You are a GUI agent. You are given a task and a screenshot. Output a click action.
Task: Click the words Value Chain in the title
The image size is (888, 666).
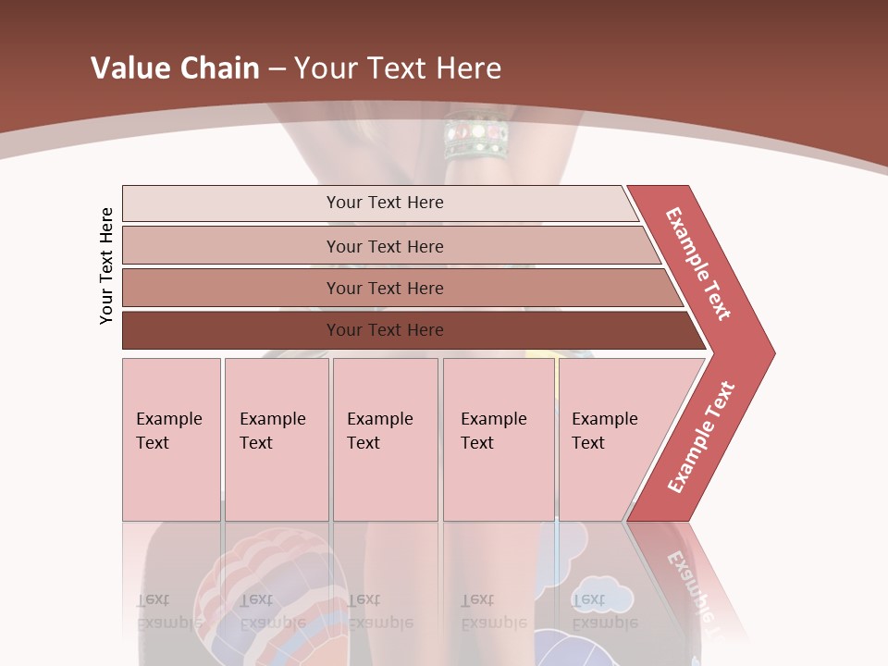pyautogui.click(x=175, y=68)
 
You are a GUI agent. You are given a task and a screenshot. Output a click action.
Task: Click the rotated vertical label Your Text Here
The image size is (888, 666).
pyautogui.click(x=107, y=265)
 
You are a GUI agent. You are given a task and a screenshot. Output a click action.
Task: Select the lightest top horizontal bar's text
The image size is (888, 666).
pyautogui.click(x=385, y=203)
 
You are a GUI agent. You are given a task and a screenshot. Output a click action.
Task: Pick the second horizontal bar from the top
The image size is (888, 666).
pyautogui.click(x=385, y=246)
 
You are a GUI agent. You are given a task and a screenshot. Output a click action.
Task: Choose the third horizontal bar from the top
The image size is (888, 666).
pyautogui.click(x=385, y=289)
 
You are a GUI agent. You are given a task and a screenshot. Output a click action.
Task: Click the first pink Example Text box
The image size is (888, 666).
pyautogui.click(x=171, y=438)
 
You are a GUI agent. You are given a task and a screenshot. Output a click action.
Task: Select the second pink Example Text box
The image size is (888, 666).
pyautogui.click(x=276, y=438)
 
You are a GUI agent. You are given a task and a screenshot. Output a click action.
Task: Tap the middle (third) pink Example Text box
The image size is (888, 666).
pyautogui.click(x=385, y=438)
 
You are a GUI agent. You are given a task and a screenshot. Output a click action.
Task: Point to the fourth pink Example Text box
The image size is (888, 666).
pyautogui.click(x=498, y=438)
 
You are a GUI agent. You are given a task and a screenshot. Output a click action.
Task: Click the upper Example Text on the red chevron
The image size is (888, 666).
pyautogui.click(x=699, y=264)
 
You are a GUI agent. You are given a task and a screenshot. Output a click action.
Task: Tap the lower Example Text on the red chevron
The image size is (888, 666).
pyautogui.click(x=701, y=438)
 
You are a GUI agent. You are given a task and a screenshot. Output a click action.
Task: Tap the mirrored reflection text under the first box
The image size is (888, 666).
pyautogui.click(x=169, y=610)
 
